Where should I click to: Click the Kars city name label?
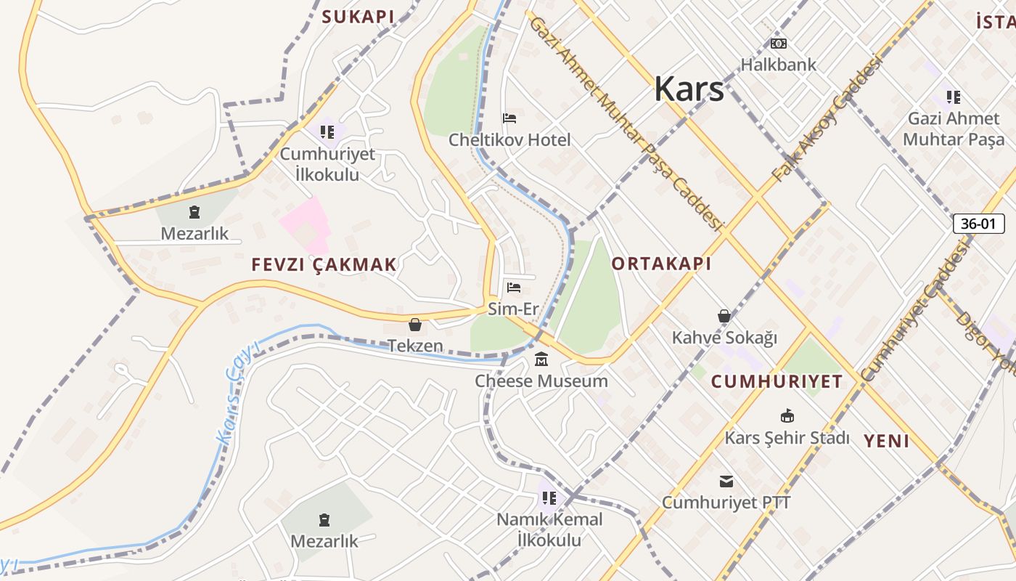[x=689, y=89]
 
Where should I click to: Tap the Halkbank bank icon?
[x=779, y=44]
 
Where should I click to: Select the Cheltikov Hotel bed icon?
[x=509, y=118]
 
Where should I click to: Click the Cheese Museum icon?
[x=541, y=359]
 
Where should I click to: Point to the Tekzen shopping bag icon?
[x=415, y=325]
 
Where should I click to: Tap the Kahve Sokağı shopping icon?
[x=724, y=316]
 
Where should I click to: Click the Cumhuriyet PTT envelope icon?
[x=726, y=482]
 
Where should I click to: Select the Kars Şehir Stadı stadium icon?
[x=787, y=416]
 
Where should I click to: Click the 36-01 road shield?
[x=978, y=224]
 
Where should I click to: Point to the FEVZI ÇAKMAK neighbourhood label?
[x=324, y=265]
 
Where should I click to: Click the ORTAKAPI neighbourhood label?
[x=661, y=264]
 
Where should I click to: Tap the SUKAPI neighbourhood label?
[x=358, y=17]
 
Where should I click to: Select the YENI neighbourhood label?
[x=886, y=441]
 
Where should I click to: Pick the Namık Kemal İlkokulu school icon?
[x=549, y=498]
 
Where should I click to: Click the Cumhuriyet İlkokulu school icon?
[x=327, y=132]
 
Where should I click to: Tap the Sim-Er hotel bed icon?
[x=514, y=288]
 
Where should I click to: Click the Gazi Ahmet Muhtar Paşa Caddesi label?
[x=627, y=123]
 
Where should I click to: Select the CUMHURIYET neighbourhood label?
[x=777, y=381]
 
